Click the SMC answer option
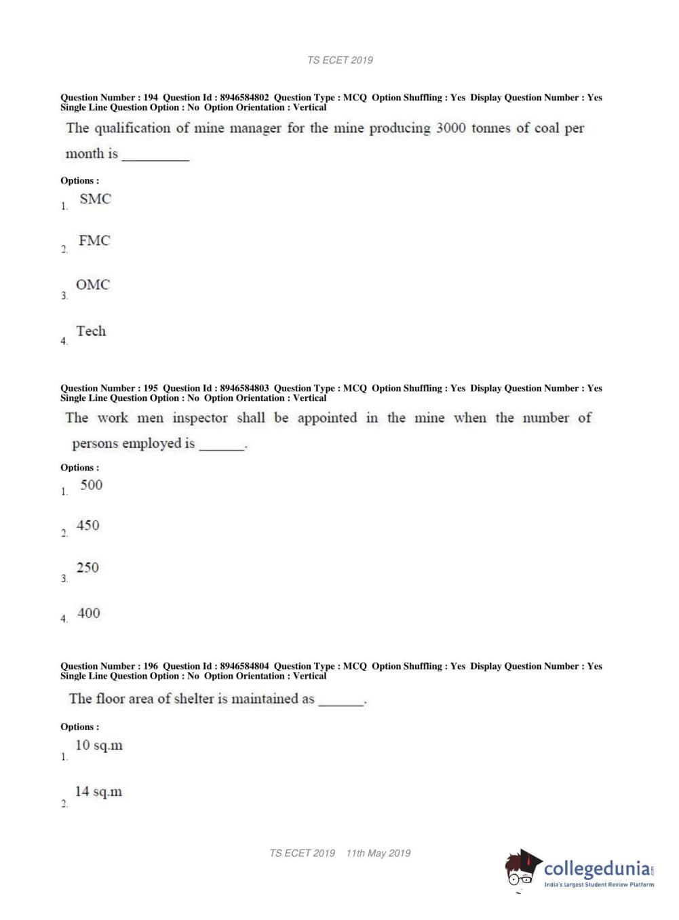[95, 199]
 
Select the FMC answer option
[94, 241]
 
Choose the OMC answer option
[93, 285]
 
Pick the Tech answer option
[91, 331]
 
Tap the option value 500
[91, 485]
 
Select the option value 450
[88, 526]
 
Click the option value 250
[88, 568]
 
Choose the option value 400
[89, 613]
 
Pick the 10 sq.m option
[99, 746]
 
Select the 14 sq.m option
[99, 792]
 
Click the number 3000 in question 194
[450, 128]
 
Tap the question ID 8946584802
[244, 98]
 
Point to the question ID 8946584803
[244, 389]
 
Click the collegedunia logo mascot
[522, 868]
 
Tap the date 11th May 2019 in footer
[379, 854]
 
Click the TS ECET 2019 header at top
[340, 60]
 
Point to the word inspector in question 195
[200, 418]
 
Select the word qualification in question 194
[132, 129]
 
